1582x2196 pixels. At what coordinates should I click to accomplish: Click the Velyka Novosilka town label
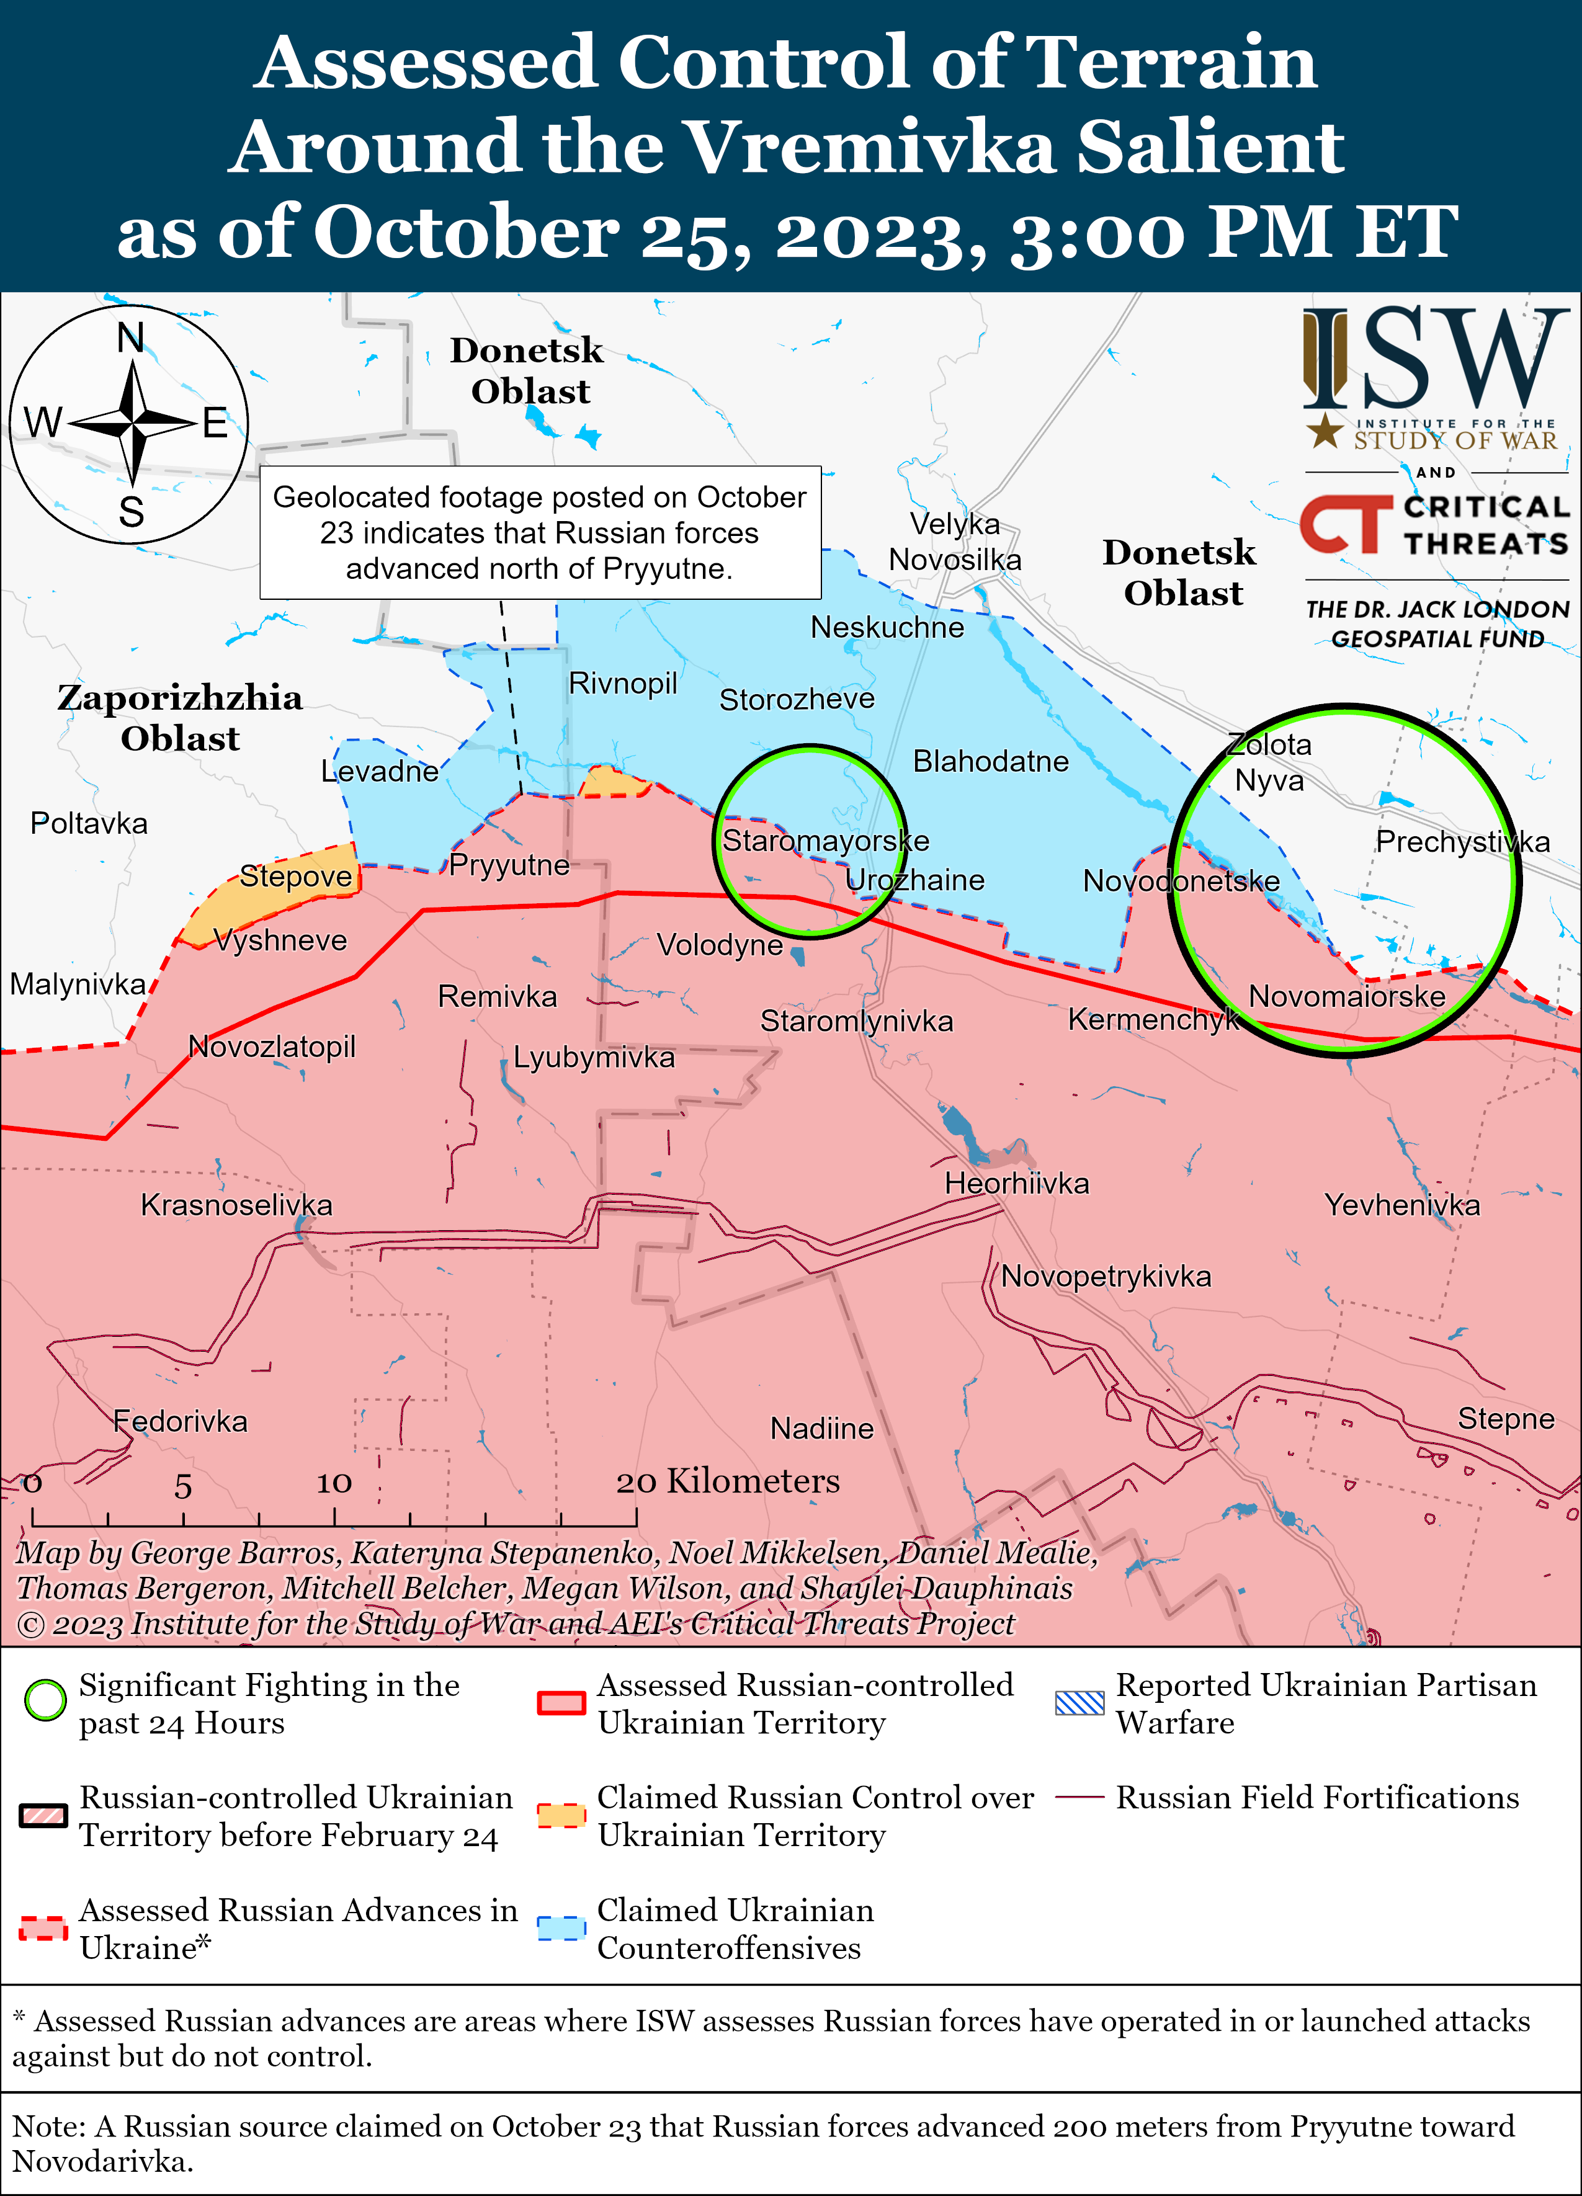click(955, 542)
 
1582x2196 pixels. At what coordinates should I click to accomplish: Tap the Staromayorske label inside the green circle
click(825, 841)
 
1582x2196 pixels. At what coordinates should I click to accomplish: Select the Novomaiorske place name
click(1347, 996)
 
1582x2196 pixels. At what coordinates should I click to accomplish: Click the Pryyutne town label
click(509, 865)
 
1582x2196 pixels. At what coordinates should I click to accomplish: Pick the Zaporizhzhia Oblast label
click(180, 718)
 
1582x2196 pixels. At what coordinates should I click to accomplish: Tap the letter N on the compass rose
click(131, 338)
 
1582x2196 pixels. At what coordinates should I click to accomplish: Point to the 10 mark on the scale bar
click(334, 1483)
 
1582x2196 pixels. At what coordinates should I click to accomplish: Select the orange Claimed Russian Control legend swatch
click(561, 1816)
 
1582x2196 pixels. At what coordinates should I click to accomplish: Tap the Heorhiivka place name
click(1017, 1183)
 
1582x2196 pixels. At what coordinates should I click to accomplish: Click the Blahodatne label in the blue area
click(990, 761)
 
